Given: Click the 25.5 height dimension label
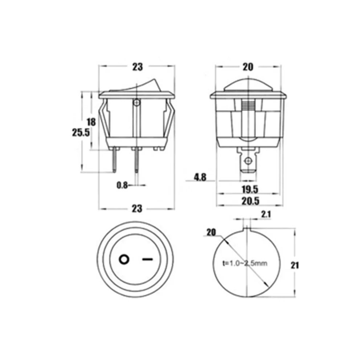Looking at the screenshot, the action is coord(81,132).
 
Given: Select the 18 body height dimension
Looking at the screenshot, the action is coord(91,122).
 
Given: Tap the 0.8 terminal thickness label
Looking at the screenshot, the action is coord(122,185).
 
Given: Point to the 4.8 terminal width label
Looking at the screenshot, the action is coord(200,178).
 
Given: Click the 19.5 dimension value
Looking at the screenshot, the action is coord(250,189).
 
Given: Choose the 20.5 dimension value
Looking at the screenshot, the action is coord(250,201).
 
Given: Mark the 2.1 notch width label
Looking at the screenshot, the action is coord(266,215).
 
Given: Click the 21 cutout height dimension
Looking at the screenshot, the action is coord(295,265).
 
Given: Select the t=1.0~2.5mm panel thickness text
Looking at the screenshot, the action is coord(245,263).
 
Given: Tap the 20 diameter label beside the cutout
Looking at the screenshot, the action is coord(211,232).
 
